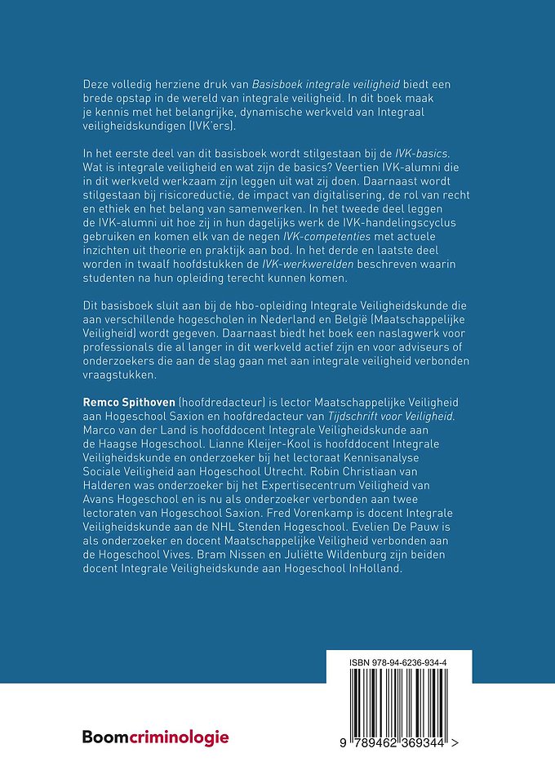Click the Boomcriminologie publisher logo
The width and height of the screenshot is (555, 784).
pyautogui.click(x=155, y=737)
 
